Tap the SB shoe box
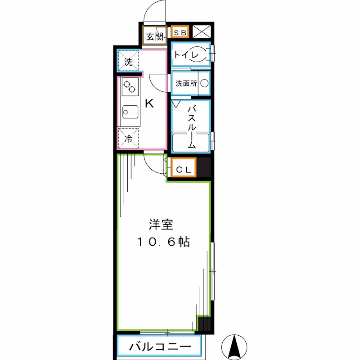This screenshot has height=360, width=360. pos(180,32)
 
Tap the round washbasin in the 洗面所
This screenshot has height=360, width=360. pos(204,83)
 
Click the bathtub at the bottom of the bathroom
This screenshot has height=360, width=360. pos(191,144)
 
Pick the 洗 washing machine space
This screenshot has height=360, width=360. pos(128,61)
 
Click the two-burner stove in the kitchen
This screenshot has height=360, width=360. pos(130,86)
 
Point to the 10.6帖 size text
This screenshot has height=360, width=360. pos(163,242)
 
